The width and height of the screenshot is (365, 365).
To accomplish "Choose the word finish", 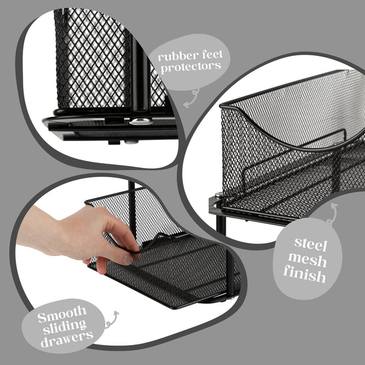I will coord(304,277).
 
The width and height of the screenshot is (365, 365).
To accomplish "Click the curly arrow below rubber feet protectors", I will coord(193,96).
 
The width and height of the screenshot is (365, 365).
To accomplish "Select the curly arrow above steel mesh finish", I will coord(332,214).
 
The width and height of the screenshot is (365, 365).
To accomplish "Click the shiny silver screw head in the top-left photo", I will coord(139,122).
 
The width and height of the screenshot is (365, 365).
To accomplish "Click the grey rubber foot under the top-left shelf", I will coord(130,143).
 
